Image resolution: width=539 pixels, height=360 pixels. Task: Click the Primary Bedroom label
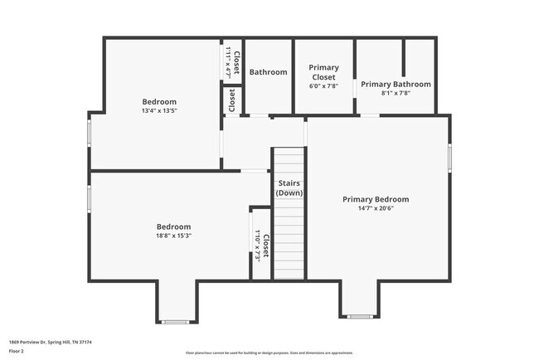tap(376, 199)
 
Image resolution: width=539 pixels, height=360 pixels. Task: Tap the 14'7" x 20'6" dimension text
tap(376, 208)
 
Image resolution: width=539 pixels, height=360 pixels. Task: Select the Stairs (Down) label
tap(289, 188)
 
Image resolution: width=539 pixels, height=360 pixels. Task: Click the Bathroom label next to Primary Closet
tap(268, 72)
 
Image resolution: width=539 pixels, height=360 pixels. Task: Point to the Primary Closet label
tap(324, 72)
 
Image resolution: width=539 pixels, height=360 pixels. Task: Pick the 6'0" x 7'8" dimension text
tap(324, 86)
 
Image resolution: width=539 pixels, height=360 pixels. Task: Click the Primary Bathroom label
tap(396, 84)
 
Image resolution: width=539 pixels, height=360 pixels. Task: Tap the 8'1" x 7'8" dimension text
tap(396, 93)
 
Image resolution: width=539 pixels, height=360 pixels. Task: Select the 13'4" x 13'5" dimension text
tap(159, 110)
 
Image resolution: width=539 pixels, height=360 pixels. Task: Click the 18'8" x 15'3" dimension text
tap(173, 236)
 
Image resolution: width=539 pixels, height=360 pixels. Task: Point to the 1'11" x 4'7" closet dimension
tap(228, 62)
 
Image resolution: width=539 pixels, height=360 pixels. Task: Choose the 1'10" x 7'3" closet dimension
tap(258, 246)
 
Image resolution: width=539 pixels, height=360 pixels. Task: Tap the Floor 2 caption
tap(17, 352)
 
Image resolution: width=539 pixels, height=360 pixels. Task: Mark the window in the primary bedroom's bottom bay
tap(359, 316)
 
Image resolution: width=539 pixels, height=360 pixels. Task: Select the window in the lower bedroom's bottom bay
tap(176, 321)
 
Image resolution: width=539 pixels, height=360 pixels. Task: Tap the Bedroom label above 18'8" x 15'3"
tap(173, 226)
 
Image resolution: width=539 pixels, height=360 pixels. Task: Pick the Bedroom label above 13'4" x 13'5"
tap(159, 101)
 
